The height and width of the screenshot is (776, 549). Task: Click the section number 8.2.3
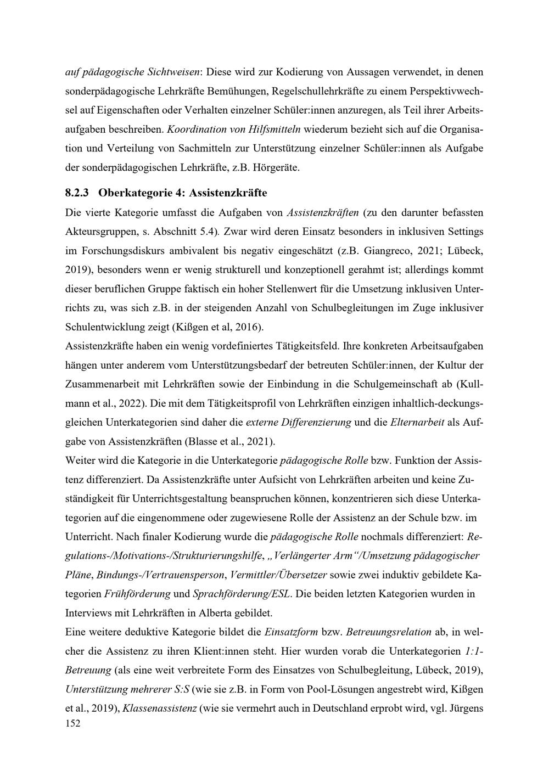point(77,193)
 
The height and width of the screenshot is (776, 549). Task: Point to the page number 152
point(72,724)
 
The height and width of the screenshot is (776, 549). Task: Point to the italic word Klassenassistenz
point(160,708)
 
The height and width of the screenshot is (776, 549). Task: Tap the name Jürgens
point(466,708)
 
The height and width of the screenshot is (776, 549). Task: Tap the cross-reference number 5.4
point(209,232)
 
